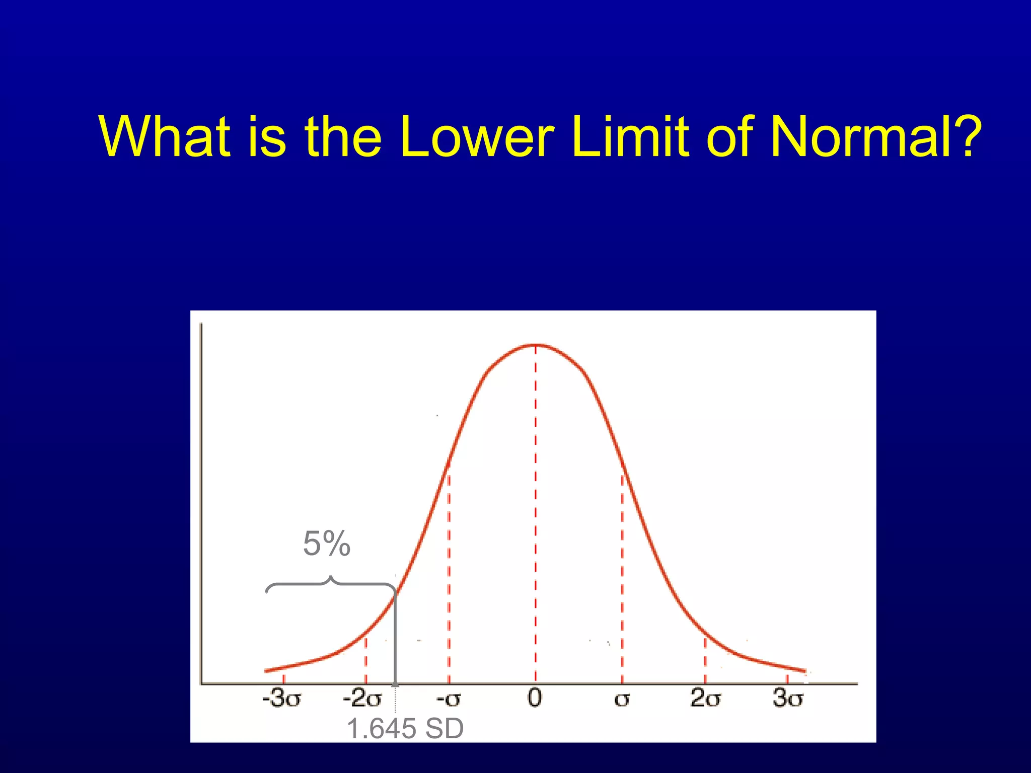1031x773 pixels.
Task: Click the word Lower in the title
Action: click(x=476, y=137)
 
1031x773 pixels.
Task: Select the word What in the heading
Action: click(x=165, y=137)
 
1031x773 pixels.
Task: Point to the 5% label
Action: click(x=327, y=544)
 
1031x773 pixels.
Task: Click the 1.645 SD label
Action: click(x=405, y=728)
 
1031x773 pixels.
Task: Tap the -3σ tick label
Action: click(x=282, y=699)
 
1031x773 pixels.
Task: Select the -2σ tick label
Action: click(x=362, y=699)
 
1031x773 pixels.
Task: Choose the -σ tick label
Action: click(x=448, y=699)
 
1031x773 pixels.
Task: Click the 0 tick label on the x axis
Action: click(x=535, y=698)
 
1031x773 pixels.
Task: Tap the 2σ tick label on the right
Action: click(x=705, y=699)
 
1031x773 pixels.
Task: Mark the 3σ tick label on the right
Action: click(x=788, y=699)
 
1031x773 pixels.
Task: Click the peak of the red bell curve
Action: click(x=535, y=345)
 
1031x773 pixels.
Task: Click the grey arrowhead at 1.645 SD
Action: click(x=395, y=682)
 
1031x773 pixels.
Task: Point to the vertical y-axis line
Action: click(x=201, y=503)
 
